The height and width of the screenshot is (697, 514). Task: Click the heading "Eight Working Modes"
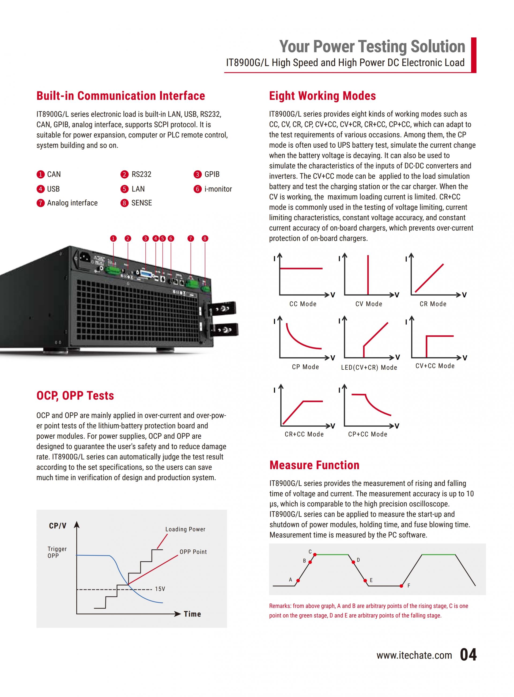coord(322,96)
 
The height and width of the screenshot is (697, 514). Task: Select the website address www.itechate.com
coord(414,655)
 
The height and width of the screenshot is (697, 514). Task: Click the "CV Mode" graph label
coord(369,304)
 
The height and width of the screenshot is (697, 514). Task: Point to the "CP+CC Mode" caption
coord(368,434)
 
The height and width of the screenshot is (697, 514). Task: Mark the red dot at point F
coord(401,586)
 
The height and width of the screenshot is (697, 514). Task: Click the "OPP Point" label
coord(193,552)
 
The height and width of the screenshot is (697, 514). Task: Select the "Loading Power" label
coord(185,529)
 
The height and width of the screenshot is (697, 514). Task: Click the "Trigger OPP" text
coord(57,552)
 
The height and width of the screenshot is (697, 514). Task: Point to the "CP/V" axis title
coord(58,526)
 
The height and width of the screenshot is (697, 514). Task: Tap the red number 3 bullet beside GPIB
coord(198,174)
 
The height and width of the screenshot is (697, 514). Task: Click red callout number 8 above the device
coord(205,239)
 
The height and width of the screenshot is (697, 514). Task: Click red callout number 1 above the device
coord(113,239)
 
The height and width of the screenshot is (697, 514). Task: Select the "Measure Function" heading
coord(314,465)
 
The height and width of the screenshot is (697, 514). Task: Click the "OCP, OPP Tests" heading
coord(75,396)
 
